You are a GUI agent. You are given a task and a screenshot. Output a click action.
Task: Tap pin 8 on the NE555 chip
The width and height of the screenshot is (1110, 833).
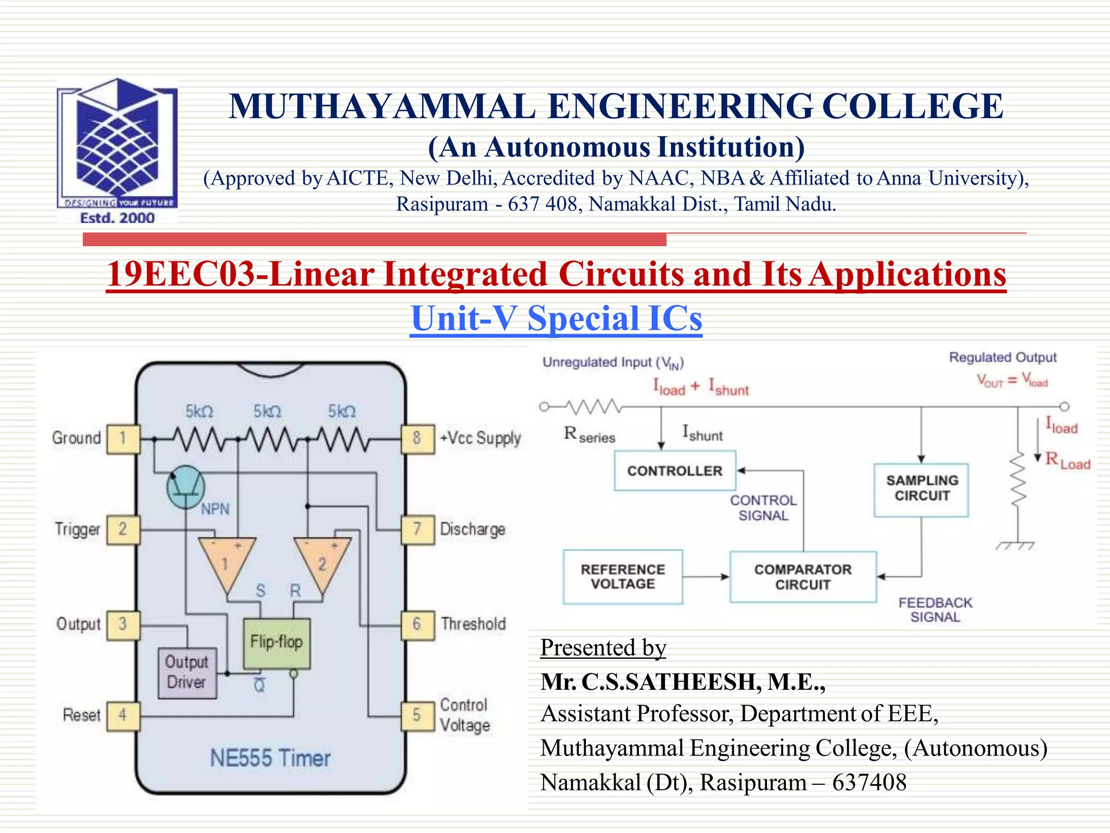point(417,438)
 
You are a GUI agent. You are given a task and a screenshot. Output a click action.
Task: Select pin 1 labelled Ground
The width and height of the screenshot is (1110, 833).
point(123,438)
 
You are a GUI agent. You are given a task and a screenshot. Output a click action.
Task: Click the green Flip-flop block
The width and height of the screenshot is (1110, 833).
point(276,643)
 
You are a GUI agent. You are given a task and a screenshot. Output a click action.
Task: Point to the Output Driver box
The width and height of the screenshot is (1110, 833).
point(187,672)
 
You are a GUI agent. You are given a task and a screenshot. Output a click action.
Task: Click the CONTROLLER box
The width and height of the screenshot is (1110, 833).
point(675,471)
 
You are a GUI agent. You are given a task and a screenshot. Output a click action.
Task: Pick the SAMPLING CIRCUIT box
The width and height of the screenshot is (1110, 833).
point(921,489)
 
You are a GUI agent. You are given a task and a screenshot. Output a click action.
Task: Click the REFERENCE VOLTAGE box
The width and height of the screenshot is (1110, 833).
point(623,576)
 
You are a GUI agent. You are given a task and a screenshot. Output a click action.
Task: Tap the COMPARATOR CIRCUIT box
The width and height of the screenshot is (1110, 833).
point(803,577)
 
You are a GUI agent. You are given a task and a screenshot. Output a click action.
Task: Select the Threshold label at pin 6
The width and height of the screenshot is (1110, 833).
point(473,624)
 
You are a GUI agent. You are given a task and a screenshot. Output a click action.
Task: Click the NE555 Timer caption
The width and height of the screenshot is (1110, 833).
point(270,758)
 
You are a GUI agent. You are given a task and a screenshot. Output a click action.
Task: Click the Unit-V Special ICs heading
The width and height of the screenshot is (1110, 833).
point(556,318)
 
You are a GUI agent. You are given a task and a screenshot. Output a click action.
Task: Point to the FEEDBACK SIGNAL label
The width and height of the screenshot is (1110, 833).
point(935,610)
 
